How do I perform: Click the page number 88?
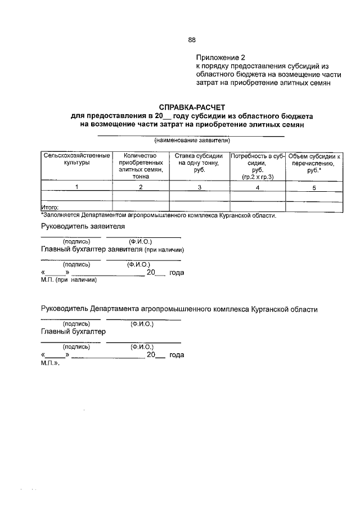coord(191,40)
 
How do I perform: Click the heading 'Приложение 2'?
coord(221,57)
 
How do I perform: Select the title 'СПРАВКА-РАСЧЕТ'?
coord(191,107)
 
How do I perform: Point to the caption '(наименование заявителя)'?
coord(192,139)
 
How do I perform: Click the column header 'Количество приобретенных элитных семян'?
coord(141,165)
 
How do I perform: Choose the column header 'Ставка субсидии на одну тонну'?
coord(199,162)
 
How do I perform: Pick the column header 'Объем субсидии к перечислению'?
coord(315,162)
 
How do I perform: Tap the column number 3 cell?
coord(199,187)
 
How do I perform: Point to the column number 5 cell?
coord(315,187)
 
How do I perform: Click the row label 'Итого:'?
coord(51,208)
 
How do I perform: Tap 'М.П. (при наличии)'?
coord(69,280)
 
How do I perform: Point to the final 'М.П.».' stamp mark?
coord(50,363)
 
